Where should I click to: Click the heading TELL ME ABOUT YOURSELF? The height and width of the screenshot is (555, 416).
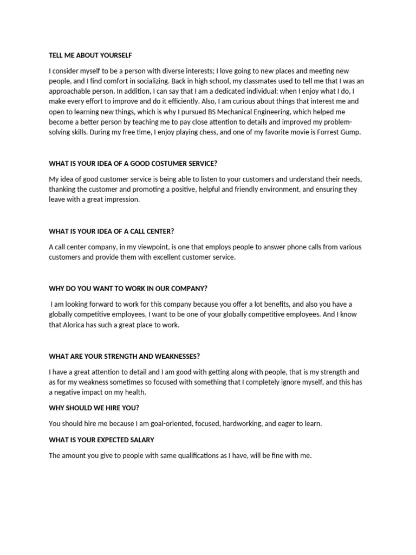[90, 55]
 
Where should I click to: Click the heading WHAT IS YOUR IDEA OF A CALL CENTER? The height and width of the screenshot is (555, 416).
[111, 231]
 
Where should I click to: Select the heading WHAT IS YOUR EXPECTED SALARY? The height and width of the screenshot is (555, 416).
[101, 440]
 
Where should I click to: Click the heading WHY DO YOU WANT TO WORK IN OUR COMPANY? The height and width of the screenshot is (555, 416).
[128, 288]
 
